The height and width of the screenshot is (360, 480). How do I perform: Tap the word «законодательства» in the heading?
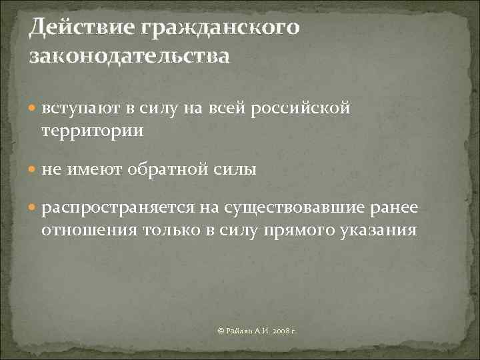[x=129, y=55]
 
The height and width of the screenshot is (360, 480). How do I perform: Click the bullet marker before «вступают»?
[x=33, y=109]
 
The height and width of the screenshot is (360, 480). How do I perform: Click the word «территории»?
[x=92, y=131]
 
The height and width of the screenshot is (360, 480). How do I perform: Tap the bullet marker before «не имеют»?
[x=33, y=171]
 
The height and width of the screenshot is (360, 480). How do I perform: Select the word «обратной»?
[x=165, y=171]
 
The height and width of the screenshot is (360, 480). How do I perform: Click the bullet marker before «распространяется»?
[x=33, y=211]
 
